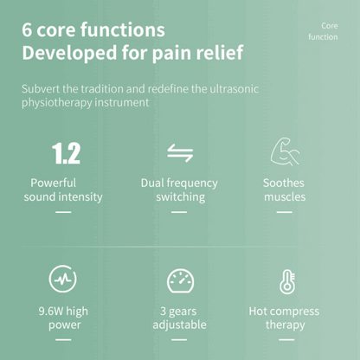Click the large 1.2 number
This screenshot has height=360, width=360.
click(x=66, y=153)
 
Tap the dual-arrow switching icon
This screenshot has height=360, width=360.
click(x=180, y=153)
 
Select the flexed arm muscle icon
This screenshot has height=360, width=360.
click(x=285, y=151)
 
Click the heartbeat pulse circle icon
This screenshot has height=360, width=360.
click(x=62, y=279)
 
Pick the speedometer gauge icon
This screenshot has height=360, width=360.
click(x=181, y=281)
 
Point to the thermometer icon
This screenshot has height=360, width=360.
click(x=287, y=282)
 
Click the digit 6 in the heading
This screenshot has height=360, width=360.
click(x=27, y=30)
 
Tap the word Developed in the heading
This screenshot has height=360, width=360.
click(x=69, y=53)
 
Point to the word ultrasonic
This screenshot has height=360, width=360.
click(x=234, y=88)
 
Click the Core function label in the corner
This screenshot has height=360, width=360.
click(x=323, y=31)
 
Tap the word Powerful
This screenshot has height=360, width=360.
click(x=54, y=183)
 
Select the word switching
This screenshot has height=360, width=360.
click(x=181, y=197)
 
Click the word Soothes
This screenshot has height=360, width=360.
click(x=284, y=183)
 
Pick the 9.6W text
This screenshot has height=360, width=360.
click(x=51, y=311)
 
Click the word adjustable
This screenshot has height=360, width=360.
click(x=179, y=325)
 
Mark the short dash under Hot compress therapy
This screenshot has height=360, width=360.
click(x=286, y=339)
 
